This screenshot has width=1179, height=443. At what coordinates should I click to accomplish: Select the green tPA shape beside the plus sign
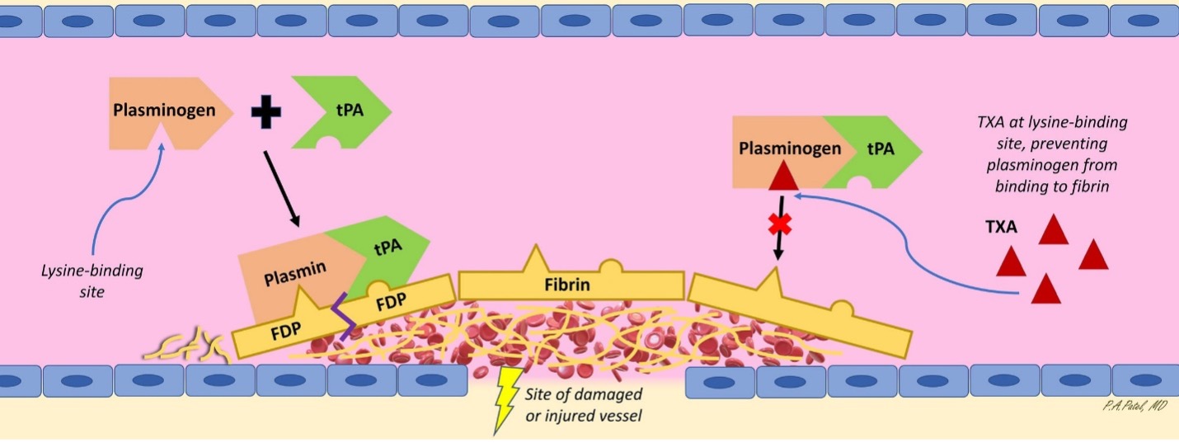(x=338, y=112)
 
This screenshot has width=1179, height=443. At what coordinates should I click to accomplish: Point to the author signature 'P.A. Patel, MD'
(x=1134, y=406)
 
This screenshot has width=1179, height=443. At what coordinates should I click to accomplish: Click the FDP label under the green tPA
(x=390, y=300)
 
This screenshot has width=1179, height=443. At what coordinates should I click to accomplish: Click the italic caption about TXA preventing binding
(x=1046, y=154)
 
